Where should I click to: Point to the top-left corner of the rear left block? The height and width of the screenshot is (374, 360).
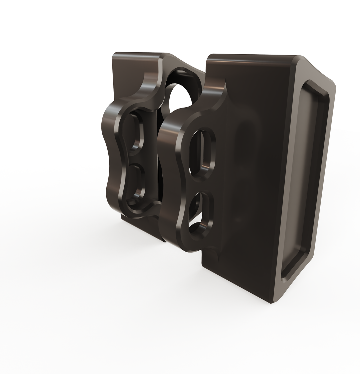(x=115, y=54)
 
